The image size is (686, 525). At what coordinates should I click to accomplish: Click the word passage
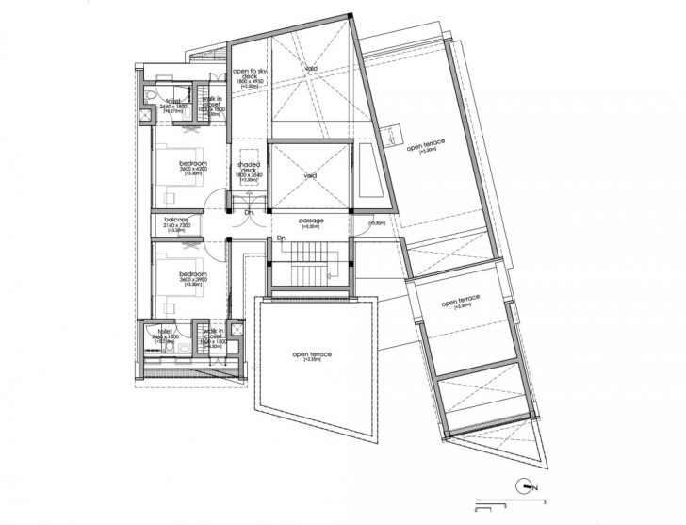tap(311, 220)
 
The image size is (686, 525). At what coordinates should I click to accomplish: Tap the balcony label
tap(177, 220)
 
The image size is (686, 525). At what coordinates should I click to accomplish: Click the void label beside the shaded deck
tap(311, 175)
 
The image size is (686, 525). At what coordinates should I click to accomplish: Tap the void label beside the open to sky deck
tap(310, 68)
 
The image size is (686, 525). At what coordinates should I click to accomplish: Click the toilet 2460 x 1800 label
tap(173, 101)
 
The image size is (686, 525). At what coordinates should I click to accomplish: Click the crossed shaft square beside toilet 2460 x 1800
tap(146, 117)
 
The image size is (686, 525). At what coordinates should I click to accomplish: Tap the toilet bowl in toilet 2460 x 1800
tap(151, 97)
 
